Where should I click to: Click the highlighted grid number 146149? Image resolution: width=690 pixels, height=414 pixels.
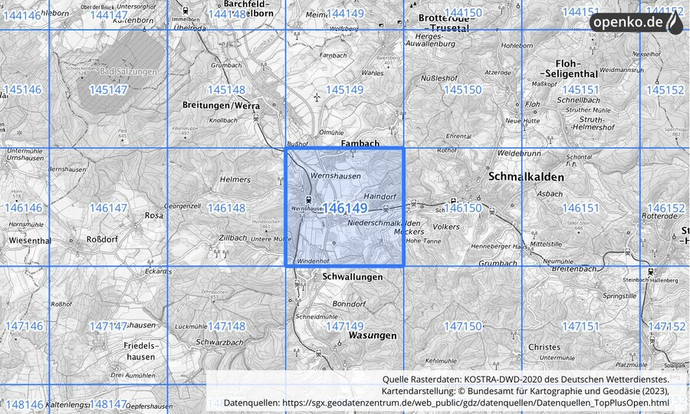[x=345, y=208]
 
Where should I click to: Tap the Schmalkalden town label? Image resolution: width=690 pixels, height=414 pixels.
[x=526, y=177]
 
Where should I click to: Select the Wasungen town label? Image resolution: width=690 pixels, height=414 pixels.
[x=373, y=336]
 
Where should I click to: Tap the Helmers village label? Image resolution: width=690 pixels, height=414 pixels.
[x=235, y=179]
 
